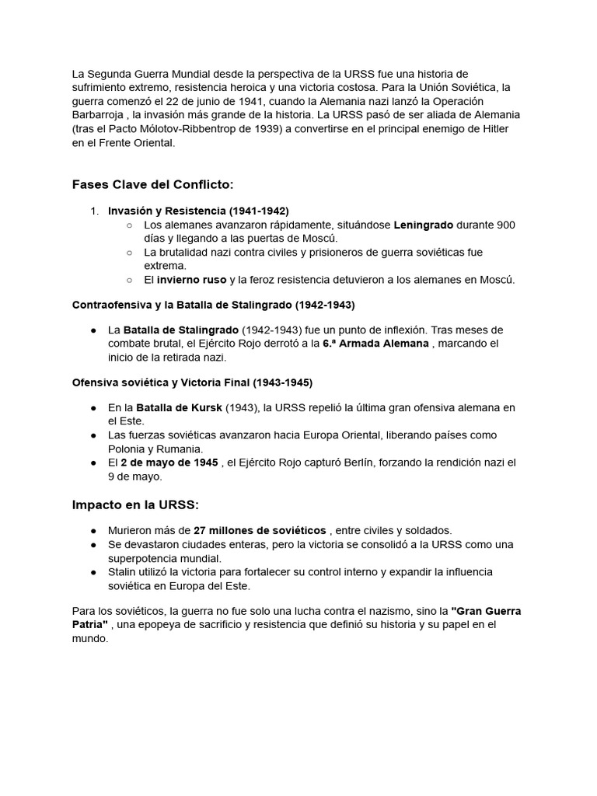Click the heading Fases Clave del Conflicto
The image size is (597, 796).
coord(152,184)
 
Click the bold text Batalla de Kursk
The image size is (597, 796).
coord(179,407)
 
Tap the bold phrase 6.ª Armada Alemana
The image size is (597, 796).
coord(375,343)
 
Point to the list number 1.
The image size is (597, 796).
coord(95,211)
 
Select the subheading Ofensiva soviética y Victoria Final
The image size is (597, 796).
coord(192,382)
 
